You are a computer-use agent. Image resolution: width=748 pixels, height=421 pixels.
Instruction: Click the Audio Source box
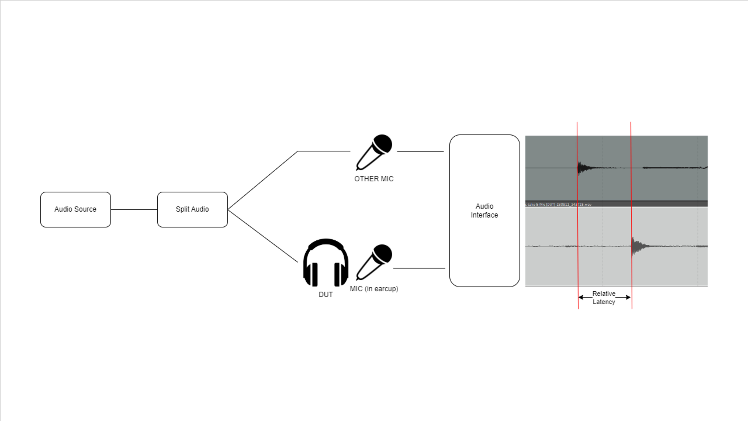(76, 209)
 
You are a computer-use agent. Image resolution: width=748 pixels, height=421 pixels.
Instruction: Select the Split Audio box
(192, 209)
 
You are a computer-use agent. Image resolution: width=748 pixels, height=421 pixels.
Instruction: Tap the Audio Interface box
(484, 211)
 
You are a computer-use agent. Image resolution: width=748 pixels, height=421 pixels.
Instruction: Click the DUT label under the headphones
(325, 295)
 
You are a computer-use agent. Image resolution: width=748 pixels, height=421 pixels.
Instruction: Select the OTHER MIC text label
(374, 179)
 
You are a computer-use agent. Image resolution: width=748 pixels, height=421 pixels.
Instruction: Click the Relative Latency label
(604, 297)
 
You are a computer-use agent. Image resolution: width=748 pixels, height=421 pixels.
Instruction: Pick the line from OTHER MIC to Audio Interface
(420, 152)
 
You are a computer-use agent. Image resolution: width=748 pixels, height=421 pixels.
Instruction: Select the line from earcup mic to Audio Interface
(419, 268)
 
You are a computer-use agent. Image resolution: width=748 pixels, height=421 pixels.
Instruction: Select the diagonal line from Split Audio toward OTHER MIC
(263, 180)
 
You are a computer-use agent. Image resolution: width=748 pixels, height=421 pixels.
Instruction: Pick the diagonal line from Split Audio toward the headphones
(263, 236)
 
